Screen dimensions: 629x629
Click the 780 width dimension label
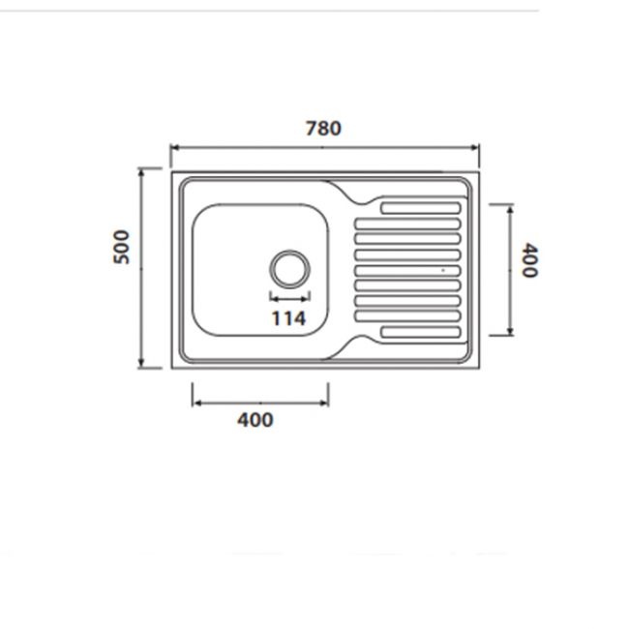coord(323,129)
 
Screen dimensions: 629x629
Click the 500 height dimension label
coord(122,247)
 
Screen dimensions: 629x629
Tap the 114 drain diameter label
coord(288,318)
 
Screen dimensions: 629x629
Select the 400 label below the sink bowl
coord(255,420)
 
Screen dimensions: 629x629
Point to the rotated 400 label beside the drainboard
coord(529,260)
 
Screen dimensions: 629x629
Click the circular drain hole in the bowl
coord(289,269)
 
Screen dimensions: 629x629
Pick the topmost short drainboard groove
coord(420,208)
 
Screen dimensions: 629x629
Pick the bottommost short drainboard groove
coord(420,332)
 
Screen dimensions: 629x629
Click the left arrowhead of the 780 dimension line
coord(174,148)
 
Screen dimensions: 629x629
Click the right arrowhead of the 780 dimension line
coord(475,148)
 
